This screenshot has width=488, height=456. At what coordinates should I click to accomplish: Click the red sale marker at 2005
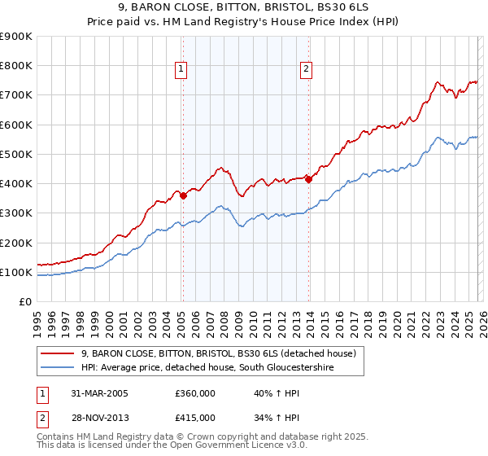(x=183, y=195)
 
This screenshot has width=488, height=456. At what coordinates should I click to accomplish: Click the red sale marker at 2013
(x=308, y=179)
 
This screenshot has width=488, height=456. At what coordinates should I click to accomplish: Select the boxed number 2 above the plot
(x=306, y=70)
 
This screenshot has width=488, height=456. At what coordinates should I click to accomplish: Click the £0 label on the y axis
(x=24, y=301)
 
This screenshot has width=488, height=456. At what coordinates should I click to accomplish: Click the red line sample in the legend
(x=58, y=353)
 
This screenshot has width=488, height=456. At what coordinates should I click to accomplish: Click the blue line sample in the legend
(x=58, y=368)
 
